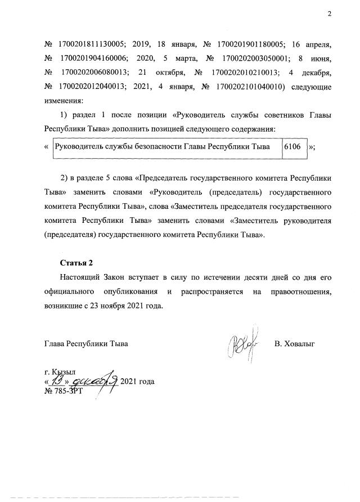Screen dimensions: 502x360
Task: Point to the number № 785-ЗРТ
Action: [x=63, y=391]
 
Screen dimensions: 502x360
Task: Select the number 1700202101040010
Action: [x=247, y=87]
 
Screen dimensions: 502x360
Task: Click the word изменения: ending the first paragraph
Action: [x=63, y=102]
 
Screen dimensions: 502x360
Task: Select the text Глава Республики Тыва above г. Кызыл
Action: [x=86, y=343]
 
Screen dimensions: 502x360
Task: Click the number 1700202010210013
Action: [x=247, y=73]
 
